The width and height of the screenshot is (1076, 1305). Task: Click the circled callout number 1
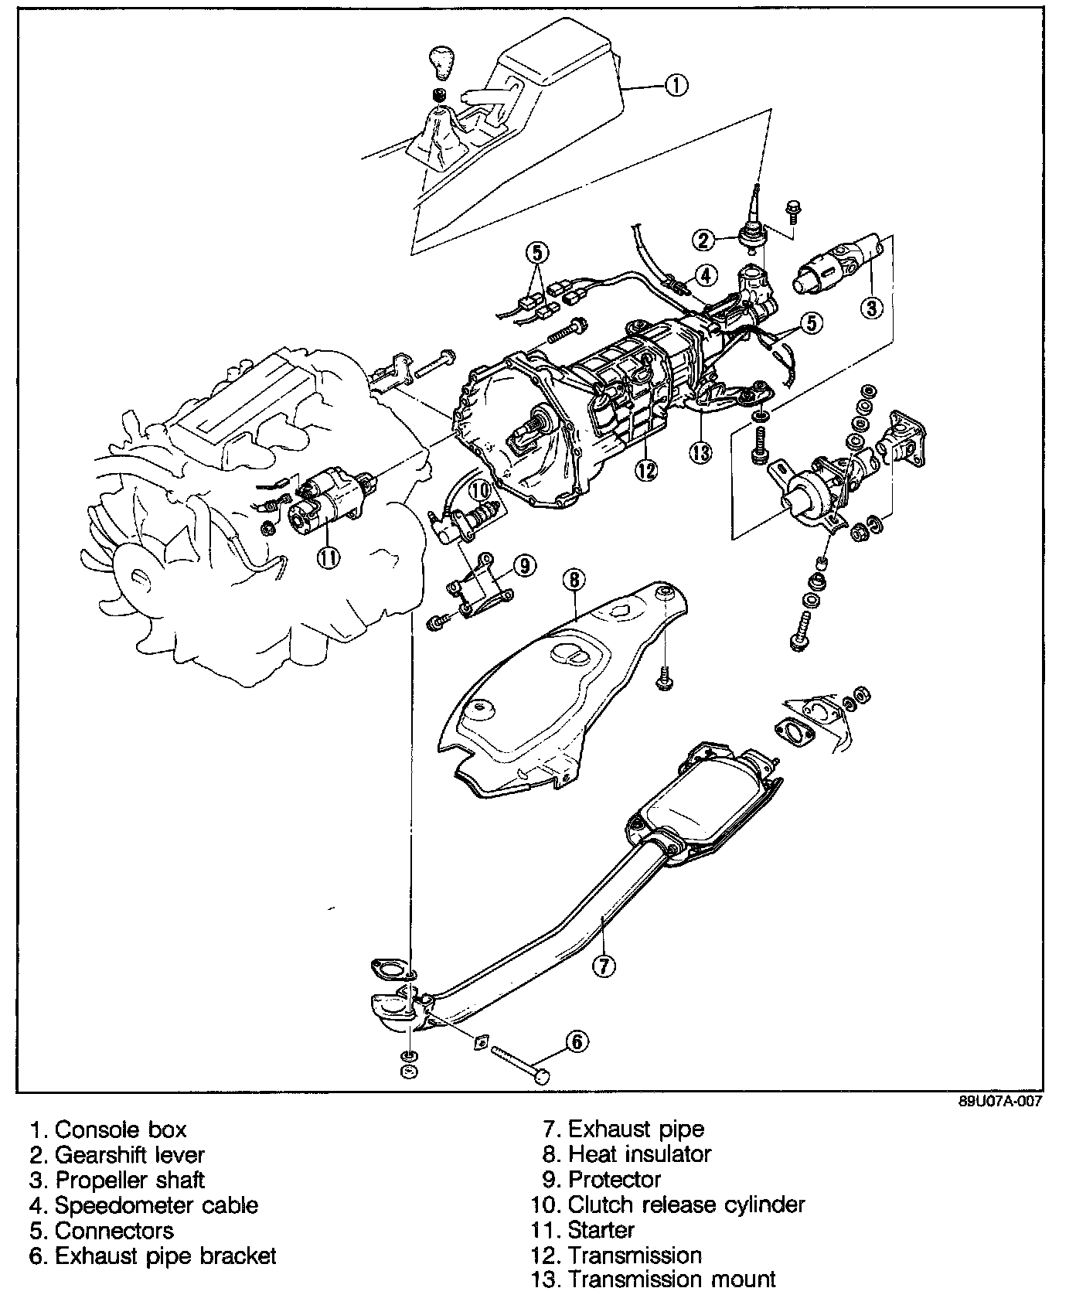(x=676, y=86)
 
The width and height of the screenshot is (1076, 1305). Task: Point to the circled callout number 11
(x=329, y=557)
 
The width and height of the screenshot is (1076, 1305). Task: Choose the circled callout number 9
(x=524, y=566)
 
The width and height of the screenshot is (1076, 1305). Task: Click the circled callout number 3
(x=870, y=308)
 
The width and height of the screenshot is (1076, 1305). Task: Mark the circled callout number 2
(x=703, y=240)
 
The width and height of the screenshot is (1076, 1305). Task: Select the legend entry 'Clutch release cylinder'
(x=668, y=1204)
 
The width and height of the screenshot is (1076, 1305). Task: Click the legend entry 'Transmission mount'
(x=653, y=1279)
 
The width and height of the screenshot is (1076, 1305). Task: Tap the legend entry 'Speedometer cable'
(x=144, y=1204)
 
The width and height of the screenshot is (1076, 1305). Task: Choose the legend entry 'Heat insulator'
(x=627, y=1154)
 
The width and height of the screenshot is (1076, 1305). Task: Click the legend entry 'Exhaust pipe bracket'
(x=152, y=1256)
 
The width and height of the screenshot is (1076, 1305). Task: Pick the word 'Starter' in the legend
(x=601, y=1230)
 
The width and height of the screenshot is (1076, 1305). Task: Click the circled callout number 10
(x=479, y=489)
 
